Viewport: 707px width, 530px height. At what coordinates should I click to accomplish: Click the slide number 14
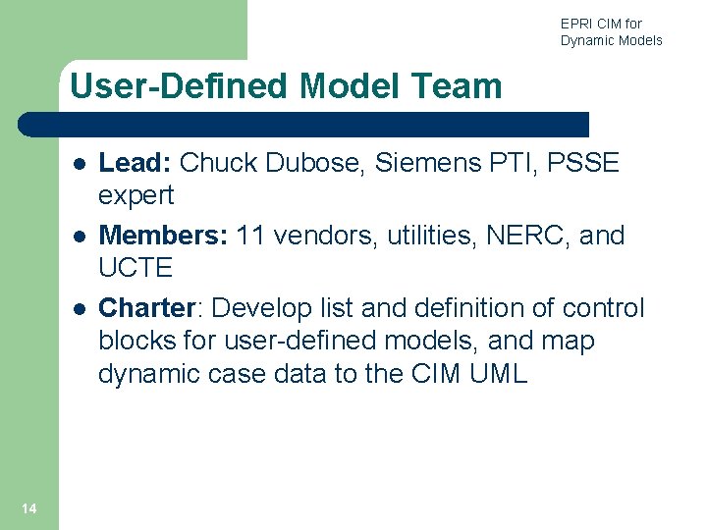point(28,507)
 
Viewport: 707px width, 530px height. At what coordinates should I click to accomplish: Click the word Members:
point(165,236)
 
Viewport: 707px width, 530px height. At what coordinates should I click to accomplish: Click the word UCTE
point(136,268)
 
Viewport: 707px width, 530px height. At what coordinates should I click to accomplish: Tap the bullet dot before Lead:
point(78,164)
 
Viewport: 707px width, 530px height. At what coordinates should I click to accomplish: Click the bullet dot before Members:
point(78,237)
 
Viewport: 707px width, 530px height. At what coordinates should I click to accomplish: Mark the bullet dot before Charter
point(78,309)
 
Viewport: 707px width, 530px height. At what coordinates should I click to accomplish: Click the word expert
point(136,195)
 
